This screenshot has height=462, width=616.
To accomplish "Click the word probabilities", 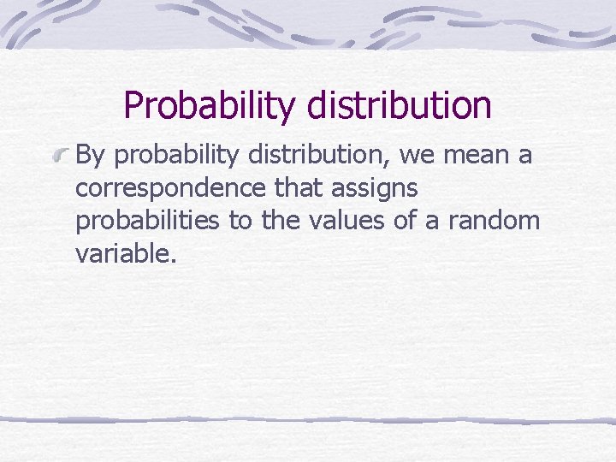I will click(148, 222).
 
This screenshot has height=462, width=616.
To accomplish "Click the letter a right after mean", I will click(524, 157).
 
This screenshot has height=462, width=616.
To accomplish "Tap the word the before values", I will click(280, 221).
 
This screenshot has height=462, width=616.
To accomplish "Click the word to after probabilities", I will click(240, 221).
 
